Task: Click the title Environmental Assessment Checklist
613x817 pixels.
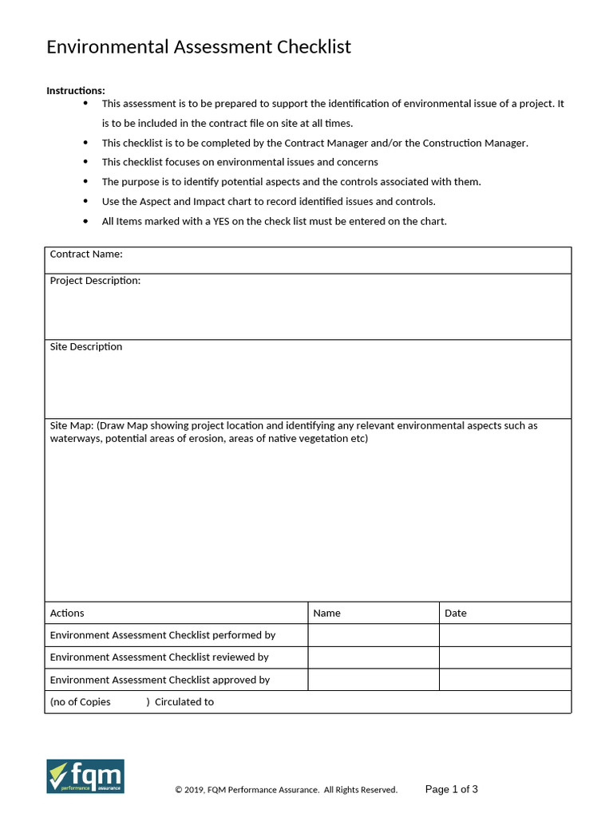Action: (199, 47)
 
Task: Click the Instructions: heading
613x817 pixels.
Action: (75, 90)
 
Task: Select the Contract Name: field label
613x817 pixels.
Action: (86, 255)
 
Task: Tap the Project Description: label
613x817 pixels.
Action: (95, 281)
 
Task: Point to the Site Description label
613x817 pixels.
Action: (86, 347)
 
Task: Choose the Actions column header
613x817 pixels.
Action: (67, 613)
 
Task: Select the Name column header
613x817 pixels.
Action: (326, 613)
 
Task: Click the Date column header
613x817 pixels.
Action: (455, 613)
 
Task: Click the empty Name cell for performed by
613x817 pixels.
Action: (373, 635)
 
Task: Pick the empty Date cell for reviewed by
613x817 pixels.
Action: (504, 657)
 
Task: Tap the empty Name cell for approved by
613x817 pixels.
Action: (373, 680)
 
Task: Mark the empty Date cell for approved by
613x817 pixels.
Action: (504, 680)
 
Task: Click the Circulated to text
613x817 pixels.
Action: (184, 702)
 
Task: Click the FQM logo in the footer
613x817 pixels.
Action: (85, 776)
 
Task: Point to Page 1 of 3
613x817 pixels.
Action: (452, 789)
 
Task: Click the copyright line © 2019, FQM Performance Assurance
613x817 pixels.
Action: (286, 790)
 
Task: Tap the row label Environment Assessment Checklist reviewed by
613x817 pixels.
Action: (159, 657)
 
